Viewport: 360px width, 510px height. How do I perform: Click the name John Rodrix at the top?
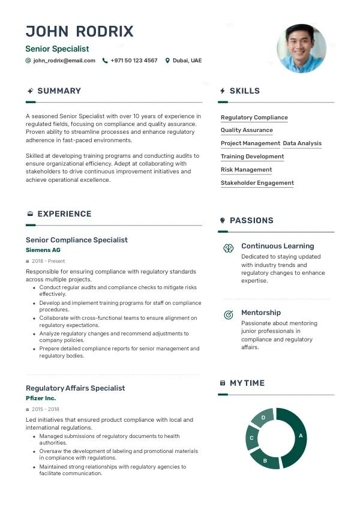pyautogui.click(x=80, y=32)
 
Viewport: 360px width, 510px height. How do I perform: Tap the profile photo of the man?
pyautogui.click(x=301, y=49)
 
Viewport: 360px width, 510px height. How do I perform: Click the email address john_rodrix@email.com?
pyautogui.click(x=64, y=61)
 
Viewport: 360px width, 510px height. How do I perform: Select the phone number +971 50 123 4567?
pyautogui.click(x=134, y=61)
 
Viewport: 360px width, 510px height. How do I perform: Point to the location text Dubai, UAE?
pyautogui.click(x=187, y=61)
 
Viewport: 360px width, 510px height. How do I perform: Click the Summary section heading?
pyautogui.click(x=59, y=91)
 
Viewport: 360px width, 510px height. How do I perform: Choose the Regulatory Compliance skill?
pyautogui.click(x=254, y=118)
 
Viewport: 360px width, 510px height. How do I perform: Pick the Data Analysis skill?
pyautogui.click(x=302, y=143)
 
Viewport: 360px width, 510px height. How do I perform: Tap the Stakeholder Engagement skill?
pyautogui.click(x=257, y=183)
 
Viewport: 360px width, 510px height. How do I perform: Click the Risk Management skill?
pyautogui.click(x=246, y=170)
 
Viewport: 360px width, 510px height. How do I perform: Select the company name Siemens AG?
pyautogui.click(x=43, y=250)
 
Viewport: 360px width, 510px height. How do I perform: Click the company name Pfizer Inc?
pyautogui.click(x=41, y=398)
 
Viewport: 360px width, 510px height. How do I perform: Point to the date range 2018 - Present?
pyautogui.click(x=49, y=261)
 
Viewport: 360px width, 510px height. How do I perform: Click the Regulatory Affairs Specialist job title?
pyautogui.click(x=76, y=388)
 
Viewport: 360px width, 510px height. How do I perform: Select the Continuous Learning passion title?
pyautogui.click(x=277, y=246)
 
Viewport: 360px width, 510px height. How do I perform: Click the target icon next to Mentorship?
pyautogui.click(x=229, y=314)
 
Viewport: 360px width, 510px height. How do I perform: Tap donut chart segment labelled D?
pyautogui.click(x=263, y=417)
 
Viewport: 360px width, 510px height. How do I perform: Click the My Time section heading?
pyautogui.click(x=247, y=383)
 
